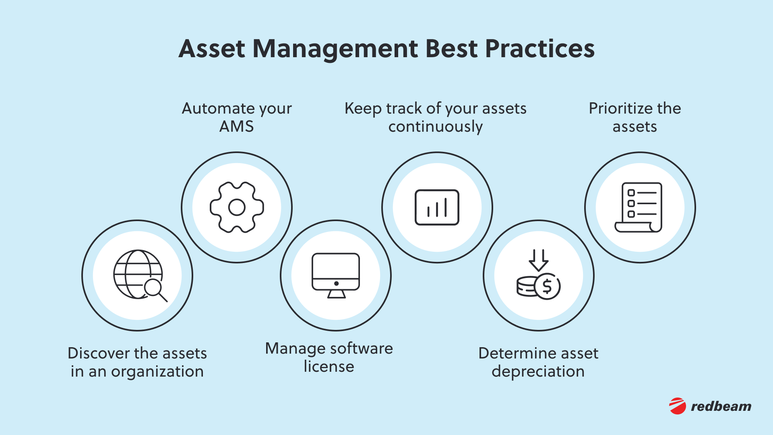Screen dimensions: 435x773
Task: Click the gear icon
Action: click(x=237, y=207)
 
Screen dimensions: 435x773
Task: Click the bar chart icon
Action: click(x=437, y=207)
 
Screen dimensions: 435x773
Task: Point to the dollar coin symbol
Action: click(x=547, y=286)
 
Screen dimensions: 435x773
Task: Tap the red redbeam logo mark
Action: click(x=678, y=406)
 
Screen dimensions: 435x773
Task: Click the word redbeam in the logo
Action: click(x=721, y=406)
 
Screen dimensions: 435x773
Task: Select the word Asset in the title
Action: click(x=212, y=49)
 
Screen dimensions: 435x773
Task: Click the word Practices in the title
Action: click(x=540, y=49)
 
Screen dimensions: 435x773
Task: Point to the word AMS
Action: click(x=236, y=127)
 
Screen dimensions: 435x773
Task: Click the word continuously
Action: click(x=435, y=127)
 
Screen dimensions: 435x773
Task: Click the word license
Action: click(x=329, y=367)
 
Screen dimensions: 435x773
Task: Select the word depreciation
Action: click(x=538, y=371)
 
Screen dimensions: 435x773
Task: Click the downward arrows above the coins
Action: click(x=538, y=260)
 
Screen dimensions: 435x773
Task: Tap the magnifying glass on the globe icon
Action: click(x=154, y=288)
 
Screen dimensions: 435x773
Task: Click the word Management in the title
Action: click(x=335, y=49)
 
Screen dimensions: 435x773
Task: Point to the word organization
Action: click(x=157, y=371)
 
